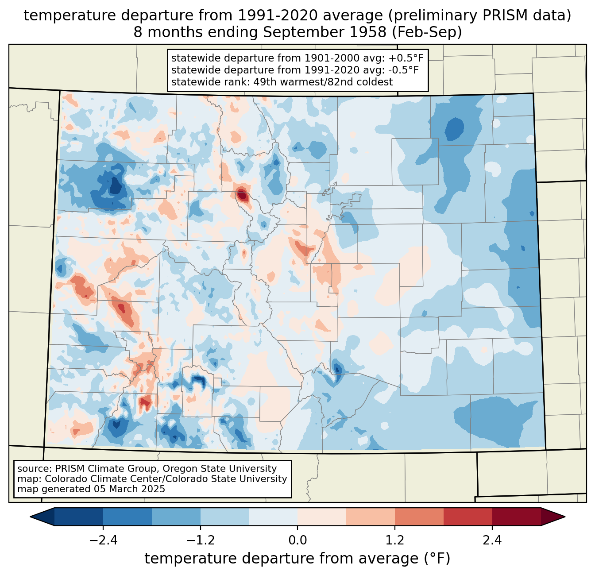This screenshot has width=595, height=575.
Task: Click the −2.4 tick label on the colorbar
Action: [103, 540]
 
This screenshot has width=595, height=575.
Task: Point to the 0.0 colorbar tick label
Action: [297, 540]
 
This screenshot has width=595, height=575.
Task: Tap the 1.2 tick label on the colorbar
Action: [395, 540]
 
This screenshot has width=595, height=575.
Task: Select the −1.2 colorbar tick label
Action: [200, 540]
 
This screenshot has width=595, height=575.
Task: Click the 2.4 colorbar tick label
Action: [492, 540]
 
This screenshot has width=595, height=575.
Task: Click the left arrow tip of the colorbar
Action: [30, 517]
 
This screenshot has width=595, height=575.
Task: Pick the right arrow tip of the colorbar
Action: [565, 517]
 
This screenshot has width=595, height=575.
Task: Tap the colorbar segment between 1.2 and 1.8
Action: [419, 517]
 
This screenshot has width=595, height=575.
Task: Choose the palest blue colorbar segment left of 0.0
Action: [273, 517]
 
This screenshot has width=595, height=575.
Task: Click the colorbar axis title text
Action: [297, 559]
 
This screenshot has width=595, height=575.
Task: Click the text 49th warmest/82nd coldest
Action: [323, 82]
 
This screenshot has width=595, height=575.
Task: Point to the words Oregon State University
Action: [220, 469]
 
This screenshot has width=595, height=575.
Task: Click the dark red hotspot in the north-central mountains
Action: [242, 195]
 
